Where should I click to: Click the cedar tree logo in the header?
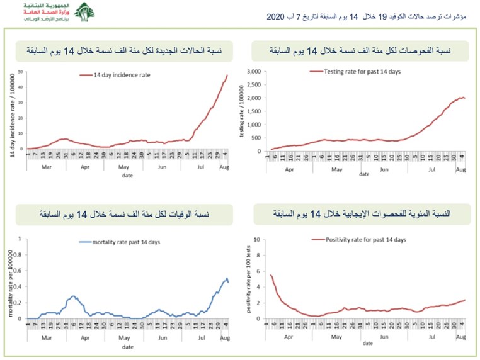tap(84, 12)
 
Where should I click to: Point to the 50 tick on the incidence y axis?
tap(21, 72)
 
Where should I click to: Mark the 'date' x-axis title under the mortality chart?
tap(127, 347)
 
